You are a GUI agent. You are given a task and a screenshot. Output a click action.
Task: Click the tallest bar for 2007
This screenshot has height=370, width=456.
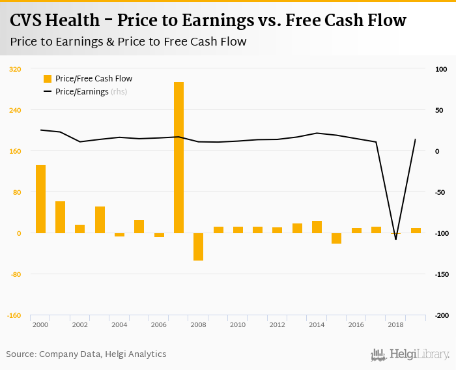coord(178,157)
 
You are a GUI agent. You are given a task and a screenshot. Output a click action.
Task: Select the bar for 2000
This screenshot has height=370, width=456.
coord(40,199)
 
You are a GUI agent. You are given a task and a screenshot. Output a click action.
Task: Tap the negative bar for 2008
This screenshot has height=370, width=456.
coord(198,246)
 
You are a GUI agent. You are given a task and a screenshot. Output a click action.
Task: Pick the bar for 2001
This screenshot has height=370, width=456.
coord(60,217)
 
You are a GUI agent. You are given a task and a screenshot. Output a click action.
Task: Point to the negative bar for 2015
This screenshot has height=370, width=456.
coord(336,238)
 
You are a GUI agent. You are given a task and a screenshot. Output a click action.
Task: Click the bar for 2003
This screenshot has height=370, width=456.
coord(100,220)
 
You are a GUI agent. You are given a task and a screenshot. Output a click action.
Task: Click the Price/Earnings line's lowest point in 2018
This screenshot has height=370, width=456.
coord(395,239)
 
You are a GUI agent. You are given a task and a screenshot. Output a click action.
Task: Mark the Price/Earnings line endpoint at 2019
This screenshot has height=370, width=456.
coord(415,139)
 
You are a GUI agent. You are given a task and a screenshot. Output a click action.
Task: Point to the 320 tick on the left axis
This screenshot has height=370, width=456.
coord(15,69)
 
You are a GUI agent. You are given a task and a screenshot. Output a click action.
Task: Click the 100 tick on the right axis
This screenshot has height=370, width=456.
coord(440,69)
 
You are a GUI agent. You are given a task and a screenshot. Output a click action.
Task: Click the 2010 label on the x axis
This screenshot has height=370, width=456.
coord(237,324)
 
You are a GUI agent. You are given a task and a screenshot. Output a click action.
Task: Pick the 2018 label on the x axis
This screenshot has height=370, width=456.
coord(395,324)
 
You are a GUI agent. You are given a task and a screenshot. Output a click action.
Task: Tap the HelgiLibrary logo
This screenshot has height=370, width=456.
coord(410,355)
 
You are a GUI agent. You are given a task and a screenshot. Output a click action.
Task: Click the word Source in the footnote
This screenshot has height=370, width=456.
coord(20,354)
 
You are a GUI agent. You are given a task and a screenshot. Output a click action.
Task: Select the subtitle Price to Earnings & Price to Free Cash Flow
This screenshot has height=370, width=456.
coord(128,42)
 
